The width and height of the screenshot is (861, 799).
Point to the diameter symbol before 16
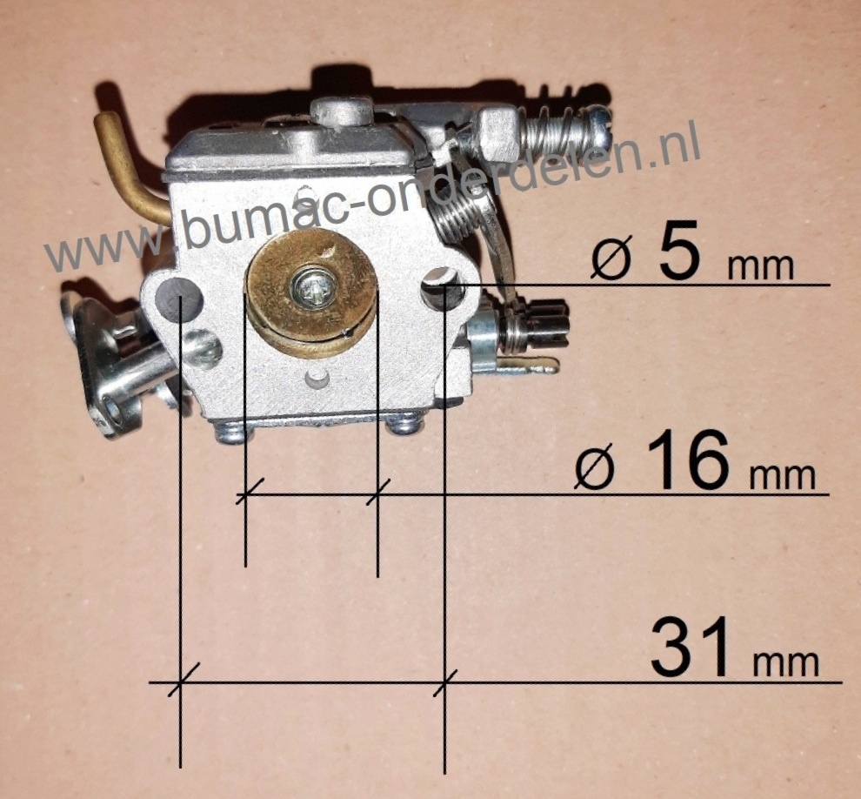[595, 469]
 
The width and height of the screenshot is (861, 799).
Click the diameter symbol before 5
[611, 259]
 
